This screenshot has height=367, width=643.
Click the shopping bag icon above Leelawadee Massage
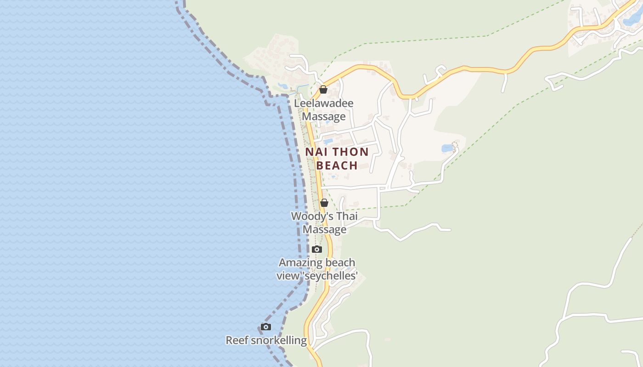pyautogui.click(x=323, y=89)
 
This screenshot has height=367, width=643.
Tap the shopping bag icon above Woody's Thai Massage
pyautogui.click(x=324, y=203)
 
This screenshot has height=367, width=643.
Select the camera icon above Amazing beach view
pyautogui.click(x=316, y=250)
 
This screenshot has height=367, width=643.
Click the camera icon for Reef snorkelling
pyautogui.click(x=265, y=327)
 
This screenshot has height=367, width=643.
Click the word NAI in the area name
pyautogui.click(x=315, y=152)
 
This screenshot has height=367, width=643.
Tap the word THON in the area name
pyautogui.click(x=351, y=152)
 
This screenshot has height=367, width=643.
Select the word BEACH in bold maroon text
pyautogui.click(x=337, y=166)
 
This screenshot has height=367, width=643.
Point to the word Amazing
pyautogui.click(x=301, y=263)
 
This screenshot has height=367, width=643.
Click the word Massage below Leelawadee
pyautogui.click(x=324, y=117)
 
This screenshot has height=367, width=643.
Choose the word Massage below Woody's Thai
pyautogui.click(x=325, y=229)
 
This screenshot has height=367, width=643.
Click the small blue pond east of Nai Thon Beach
pyautogui.click(x=447, y=148)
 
